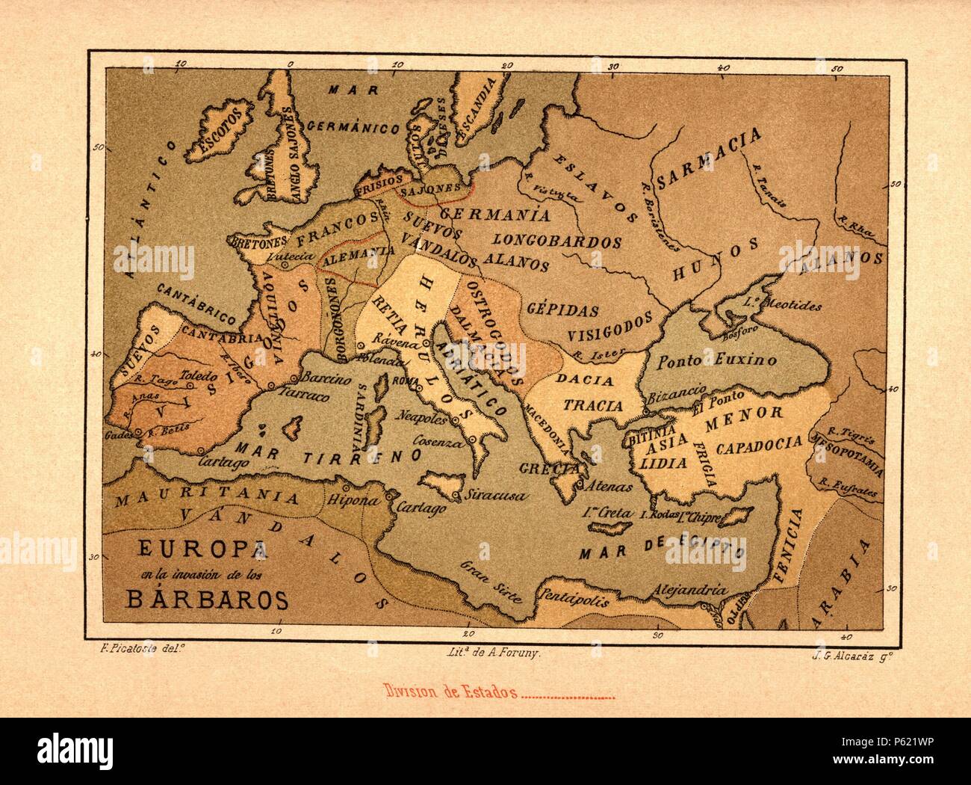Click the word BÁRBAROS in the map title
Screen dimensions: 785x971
point(198,600)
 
